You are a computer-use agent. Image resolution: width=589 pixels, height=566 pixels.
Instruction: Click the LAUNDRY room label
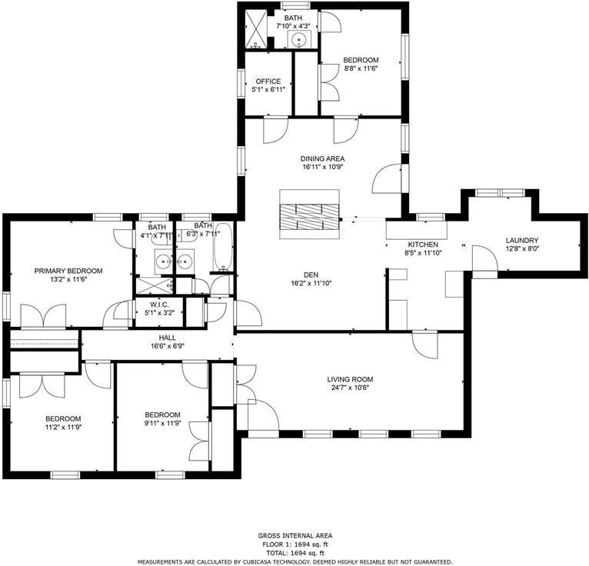[x=521, y=240]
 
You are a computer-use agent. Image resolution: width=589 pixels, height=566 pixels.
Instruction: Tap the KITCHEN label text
[x=422, y=245]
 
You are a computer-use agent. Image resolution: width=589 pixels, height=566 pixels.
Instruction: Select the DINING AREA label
[x=322, y=158]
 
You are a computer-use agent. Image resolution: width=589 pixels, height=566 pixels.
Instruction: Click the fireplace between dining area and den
[x=308, y=213]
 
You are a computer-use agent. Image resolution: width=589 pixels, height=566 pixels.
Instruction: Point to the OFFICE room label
[x=268, y=81]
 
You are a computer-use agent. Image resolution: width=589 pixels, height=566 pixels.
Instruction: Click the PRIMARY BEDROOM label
[x=68, y=271]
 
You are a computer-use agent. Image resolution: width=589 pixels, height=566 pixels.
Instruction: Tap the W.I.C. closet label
[x=160, y=305]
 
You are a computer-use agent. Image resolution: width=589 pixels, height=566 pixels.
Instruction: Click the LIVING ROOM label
[x=349, y=378]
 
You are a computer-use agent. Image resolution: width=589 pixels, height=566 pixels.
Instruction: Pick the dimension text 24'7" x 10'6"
[x=349, y=388]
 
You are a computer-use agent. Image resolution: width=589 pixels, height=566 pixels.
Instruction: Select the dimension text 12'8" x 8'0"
[x=521, y=248]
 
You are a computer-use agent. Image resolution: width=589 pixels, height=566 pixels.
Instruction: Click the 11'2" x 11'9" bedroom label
[x=62, y=418]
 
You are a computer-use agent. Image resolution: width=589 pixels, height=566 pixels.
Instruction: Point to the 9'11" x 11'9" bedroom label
[x=162, y=414]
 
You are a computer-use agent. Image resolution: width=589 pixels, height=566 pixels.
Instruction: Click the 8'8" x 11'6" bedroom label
[x=361, y=60]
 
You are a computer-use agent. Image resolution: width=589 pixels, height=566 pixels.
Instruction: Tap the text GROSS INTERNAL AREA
[x=294, y=535]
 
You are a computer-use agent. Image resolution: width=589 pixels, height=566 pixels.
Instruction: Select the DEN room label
[x=311, y=274]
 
